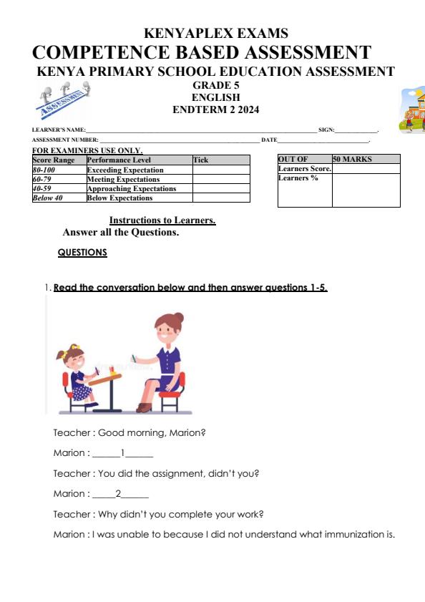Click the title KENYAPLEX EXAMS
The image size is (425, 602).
216,34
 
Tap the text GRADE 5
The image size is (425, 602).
215,85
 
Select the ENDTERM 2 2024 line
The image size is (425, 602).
215,110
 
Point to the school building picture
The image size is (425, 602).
413,111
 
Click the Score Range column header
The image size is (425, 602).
54,160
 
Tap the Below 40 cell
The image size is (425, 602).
48,198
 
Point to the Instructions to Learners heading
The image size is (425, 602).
162,220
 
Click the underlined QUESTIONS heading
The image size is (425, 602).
82,253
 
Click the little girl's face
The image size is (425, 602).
77,361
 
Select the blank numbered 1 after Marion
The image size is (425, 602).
123,453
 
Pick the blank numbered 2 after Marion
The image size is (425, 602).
119,494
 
